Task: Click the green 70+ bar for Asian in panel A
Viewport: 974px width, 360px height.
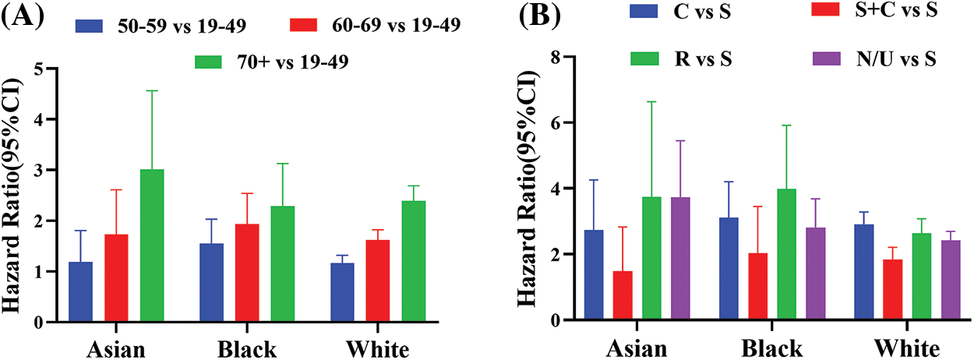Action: coord(152,245)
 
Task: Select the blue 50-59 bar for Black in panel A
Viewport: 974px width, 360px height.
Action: coord(211,282)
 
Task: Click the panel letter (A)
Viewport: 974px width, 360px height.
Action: coord(23,16)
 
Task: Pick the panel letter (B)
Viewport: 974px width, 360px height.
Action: coord(522,16)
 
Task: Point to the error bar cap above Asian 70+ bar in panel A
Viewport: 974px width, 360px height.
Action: coord(152,91)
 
